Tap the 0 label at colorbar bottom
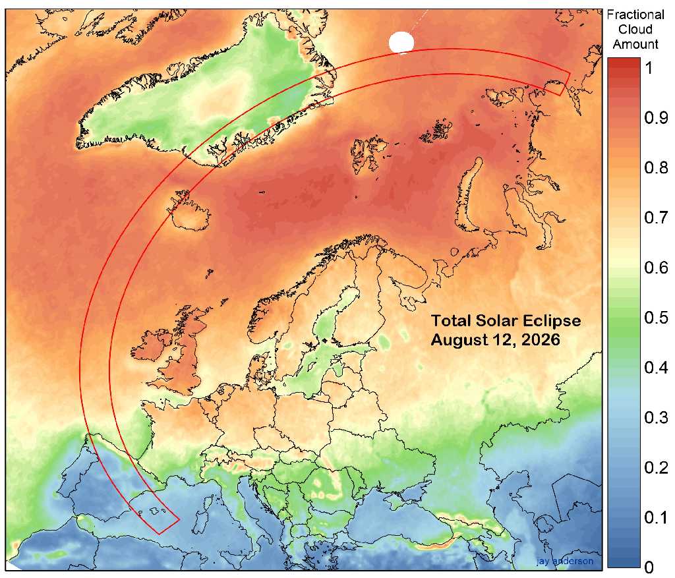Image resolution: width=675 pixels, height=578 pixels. click(x=648, y=567)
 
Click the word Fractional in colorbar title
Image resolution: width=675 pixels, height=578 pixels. click(x=635, y=15)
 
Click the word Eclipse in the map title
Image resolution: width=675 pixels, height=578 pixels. click(x=548, y=321)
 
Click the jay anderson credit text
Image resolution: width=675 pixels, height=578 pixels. click(x=564, y=562)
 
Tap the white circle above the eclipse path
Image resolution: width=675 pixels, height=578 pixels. click(x=401, y=43)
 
